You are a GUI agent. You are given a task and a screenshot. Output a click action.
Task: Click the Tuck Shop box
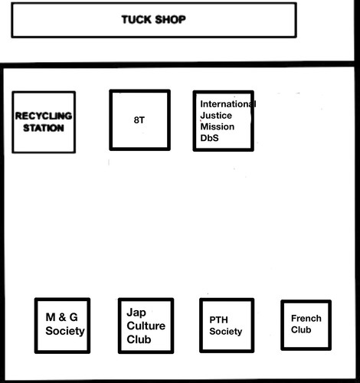click(153, 20)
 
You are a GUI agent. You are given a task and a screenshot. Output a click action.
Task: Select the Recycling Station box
click(44, 122)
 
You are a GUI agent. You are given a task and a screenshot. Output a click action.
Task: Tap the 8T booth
click(139, 120)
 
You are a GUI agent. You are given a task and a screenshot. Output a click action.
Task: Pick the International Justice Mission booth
click(223, 120)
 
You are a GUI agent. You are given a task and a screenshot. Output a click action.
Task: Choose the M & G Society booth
click(63, 325)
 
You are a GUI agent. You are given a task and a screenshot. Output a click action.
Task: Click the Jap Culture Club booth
click(145, 326)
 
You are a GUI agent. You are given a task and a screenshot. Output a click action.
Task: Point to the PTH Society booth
click(226, 325)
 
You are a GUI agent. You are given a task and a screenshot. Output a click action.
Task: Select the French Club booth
click(306, 325)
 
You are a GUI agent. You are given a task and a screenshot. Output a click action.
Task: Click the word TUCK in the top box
click(136, 19)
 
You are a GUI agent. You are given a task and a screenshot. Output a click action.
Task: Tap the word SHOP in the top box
click(170, 19)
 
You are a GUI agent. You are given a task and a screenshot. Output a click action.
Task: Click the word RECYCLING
click(44, 116)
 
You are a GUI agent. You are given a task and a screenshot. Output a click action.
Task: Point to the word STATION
click(44, 128)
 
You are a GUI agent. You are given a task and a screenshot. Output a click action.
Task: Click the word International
click(227, 103)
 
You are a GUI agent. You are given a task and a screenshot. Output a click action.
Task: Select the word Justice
click(215, 116)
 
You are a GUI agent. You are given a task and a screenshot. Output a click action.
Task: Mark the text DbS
click(209, 139)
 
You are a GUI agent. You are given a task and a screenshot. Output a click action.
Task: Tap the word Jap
click(136, 312)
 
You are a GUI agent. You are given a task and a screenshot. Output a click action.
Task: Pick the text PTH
click(219, 319)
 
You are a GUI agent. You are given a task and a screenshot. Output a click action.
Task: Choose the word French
click(306, 319)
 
